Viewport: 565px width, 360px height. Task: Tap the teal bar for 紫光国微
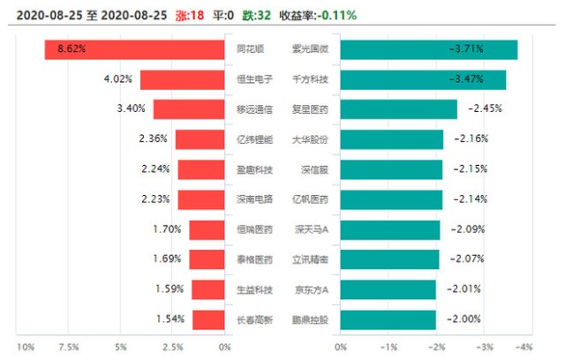[x=428, y=49]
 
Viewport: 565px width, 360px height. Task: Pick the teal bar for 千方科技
[x=423, y=79]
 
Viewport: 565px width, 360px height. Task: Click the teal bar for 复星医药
[x=398, y=109]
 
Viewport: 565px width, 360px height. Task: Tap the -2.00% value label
[x=463, y=319]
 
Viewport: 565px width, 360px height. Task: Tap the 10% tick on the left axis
[x=26, y=345]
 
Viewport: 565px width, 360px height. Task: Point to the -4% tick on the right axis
[x=524, y=345]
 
